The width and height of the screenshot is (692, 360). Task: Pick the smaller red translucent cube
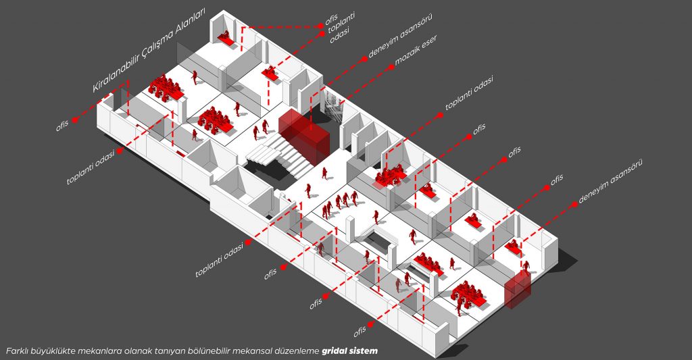(518, 290)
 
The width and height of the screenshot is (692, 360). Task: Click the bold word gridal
(337, 351)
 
